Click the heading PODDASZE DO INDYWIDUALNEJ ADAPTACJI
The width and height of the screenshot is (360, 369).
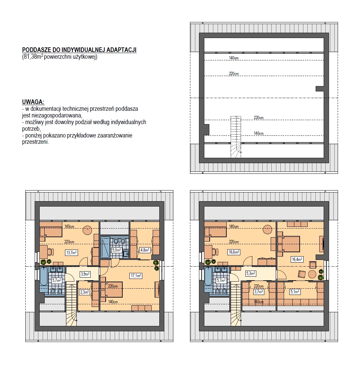pos(79,50)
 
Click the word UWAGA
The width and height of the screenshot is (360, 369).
pos(33,102)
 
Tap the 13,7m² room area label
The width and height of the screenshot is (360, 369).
pos(71,253)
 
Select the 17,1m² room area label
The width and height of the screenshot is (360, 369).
pos(136,276)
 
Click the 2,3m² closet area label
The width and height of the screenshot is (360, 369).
pos(85,292)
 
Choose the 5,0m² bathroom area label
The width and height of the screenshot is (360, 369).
pos(116,250)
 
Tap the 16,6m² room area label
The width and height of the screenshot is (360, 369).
pos(234,252)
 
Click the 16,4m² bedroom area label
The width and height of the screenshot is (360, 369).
pos(297,260)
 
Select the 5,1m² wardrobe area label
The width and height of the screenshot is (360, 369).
pos(295,292)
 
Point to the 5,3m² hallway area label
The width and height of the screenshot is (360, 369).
pos(251,274)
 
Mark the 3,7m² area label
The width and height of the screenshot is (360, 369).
pos(258,292)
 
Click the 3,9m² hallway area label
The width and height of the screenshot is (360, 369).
pos(85,274)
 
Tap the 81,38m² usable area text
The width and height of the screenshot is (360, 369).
pos(60,57)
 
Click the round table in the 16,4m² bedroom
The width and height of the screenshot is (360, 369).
pos(312,274)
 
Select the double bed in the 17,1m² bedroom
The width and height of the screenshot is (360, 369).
pos(111,289)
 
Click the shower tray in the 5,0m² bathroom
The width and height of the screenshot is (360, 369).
pos(105,247)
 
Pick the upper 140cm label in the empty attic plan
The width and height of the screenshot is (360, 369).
pos(234,58)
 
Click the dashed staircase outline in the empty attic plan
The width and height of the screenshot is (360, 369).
pos(236,137)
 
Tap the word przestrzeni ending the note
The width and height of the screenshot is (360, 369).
pos(35,142)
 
